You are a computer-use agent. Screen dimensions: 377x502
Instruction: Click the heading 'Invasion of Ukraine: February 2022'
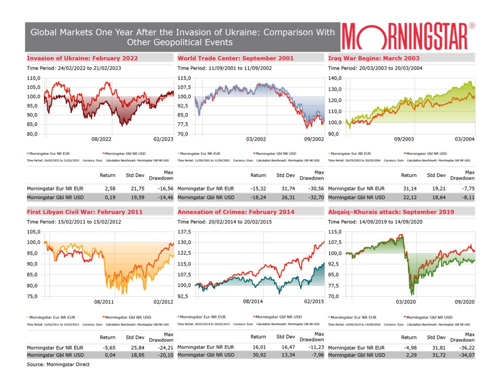pos(82,58)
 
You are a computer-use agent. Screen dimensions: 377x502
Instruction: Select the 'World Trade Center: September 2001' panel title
pos(235,58)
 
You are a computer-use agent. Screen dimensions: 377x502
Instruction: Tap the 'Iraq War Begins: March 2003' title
pos(373,58)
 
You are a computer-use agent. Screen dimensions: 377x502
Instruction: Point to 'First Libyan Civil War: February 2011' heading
pos(84,212)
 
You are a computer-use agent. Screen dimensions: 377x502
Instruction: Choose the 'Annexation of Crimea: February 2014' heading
pos(236,212)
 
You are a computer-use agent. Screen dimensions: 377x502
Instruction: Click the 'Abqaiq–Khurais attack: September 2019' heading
pos(391,212)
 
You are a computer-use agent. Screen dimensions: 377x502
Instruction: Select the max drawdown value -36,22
pos(465,347)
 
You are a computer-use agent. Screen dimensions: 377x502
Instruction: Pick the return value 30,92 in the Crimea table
pos(258,356)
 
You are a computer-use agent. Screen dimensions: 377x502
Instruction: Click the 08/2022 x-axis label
pos(102,139)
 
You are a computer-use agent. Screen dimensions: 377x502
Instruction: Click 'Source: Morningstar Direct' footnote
pos(58,364)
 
